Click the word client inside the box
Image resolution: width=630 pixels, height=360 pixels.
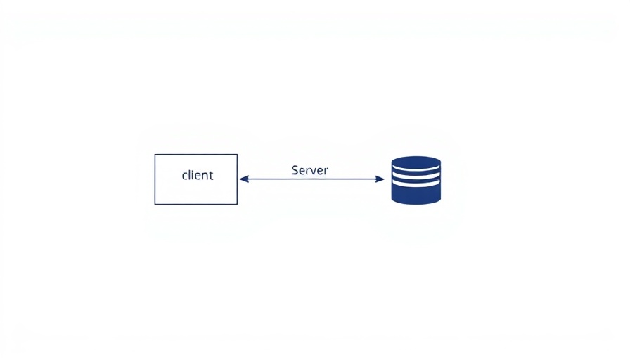pyautogui.click(x=198, y=175)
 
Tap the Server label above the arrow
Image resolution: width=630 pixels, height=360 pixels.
pyautogui.click(x=310, y=170)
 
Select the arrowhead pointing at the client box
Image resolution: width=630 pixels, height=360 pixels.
pyautogui.click(x=244, y=179)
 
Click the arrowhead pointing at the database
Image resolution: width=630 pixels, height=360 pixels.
pyautogui.click(x=380, y=179)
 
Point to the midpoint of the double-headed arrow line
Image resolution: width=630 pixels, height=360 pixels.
pyautogui.click(x=311, y=179)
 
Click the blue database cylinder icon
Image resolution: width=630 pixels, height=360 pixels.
pyautogui.click(x=416, y=180)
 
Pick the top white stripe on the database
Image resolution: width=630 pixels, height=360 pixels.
pyautogui.click(x=416, y=168)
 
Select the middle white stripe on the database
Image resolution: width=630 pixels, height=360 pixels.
pyautogui.click(x=416, y=176)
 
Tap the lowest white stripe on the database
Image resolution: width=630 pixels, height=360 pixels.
pyautogui.click(x=416, y=184)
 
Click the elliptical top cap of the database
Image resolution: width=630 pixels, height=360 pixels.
pyautogui.click(x=416, y=162)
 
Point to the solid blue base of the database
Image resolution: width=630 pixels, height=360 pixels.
pyautogui.click(x=416, y=195)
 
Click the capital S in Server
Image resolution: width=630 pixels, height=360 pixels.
pyautogui.click(x=295, y=170)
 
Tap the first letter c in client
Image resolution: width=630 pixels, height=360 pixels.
pyautogui.click(x=184, y=176)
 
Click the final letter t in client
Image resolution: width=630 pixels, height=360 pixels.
pyautogui.click(x=211, y=176)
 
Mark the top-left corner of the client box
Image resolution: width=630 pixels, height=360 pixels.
pyautogui.click(x=155, y=154)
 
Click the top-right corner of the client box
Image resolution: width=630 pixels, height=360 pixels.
pyautogui.click(x=237, y=154)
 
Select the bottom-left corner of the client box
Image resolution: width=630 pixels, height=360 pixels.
pyautogui.click(x=155, y=204)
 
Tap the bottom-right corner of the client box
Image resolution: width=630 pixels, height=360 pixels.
pyautogui.click(x=237, y=204)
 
